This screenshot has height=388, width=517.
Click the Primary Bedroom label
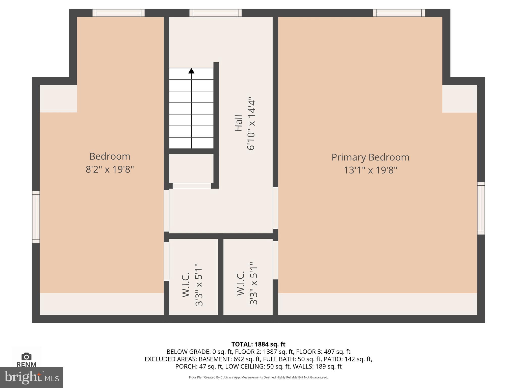[x=370, y=157]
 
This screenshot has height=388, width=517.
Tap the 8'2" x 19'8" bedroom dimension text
[x=110, y=169]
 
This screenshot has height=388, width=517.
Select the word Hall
[x=239, y=123]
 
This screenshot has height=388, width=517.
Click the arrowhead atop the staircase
[x=191, y=71]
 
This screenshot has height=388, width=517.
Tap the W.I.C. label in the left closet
[x=186, y=285]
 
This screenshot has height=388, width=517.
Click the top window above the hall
[x=215, y=13]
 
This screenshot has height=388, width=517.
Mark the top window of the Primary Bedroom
[x=399, y=13]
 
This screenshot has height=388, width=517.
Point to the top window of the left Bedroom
[x=118, y=13]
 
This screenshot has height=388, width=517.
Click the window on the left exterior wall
[x=36, y=217]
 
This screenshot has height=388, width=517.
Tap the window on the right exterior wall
[x=481, y=208]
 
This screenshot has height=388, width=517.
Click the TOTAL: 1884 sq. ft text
[x=258, y=344]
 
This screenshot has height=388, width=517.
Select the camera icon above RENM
[x=27, y=357]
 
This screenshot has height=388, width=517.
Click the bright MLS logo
[x=32, y=377]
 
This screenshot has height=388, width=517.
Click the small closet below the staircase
[x=191, y=168]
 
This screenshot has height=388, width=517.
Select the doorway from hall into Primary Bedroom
[x=275, y=208]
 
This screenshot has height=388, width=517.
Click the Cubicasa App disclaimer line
[x=258, y=377]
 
